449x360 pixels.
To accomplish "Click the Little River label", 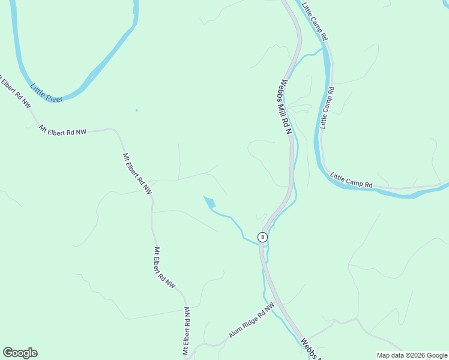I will pyautogui.click(x=47, y=92).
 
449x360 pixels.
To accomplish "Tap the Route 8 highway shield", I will pyautogui.click(x=262, y=237).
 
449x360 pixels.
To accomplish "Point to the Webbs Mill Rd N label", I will pyautogui.click(x=285, y=107).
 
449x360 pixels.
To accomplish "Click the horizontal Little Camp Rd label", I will pyautogui.click(x=352, y=181).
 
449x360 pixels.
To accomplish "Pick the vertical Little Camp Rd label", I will pyautogui.click(x=327, y=107).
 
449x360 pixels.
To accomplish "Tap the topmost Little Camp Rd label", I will pyautogui.click(x=315, y=21).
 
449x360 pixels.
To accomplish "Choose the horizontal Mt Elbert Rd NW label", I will pyautogui.click(x=62, y=129).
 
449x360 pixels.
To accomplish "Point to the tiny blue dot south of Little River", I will pyautogui.click(x=136, y=110).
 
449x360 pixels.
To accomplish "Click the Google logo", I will pyautogui.click(x=20, y=353).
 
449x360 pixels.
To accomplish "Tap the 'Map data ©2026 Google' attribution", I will pyautogui.click(x=412, y=355).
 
